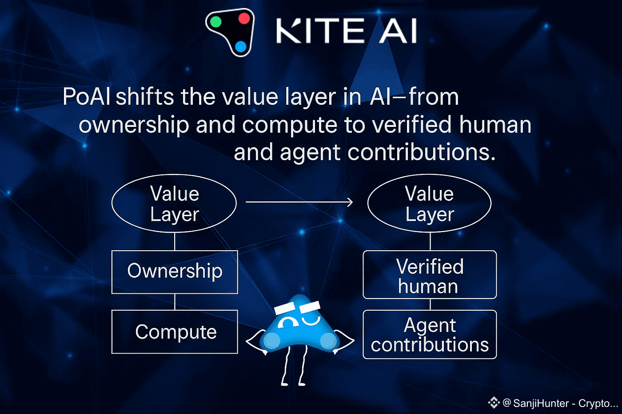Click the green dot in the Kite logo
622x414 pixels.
click(x=216, y=22)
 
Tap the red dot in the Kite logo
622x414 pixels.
click(x=244, y=18)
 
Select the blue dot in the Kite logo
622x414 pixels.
click(x=240, y=47)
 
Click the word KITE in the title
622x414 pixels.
click(x=320, y=31)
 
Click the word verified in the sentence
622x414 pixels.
click(x=411, y=125)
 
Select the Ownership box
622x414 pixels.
click(x=175, y=272)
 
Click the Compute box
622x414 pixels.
click(x=175, y=331)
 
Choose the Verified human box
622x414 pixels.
click(x=430, y=275)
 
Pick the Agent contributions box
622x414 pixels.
click(x=430, y=335)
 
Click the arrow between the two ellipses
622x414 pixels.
click(x=299, y=202)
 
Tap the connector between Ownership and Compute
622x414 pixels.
click(x=175, y=302)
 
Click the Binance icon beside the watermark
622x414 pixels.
click(x=494, y=403)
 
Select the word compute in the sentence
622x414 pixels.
click(x=290, y=125)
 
